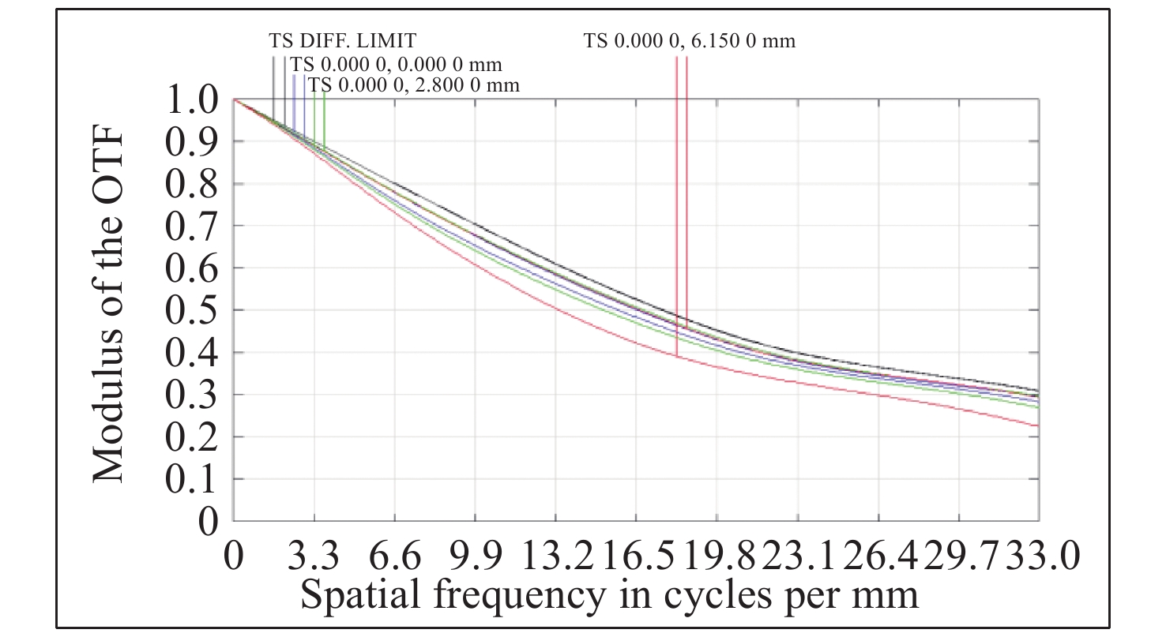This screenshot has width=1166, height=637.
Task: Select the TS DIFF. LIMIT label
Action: point(342,40)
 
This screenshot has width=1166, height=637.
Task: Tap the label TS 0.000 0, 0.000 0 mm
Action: point(396,64)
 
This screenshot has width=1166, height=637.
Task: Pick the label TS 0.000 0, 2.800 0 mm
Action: point(414,84)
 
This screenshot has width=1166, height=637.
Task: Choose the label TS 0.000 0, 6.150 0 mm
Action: point(690,40)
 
